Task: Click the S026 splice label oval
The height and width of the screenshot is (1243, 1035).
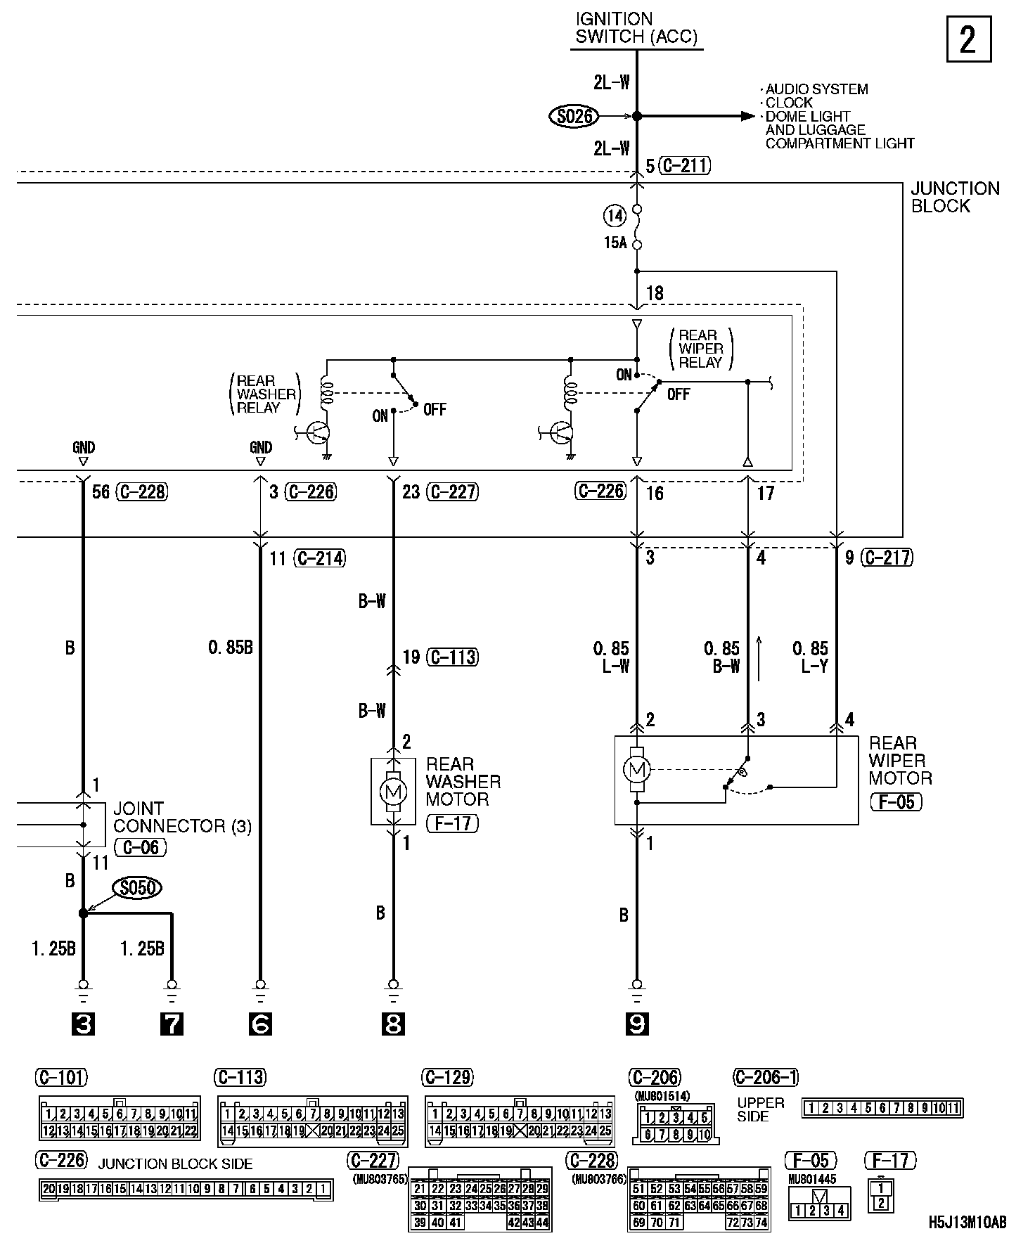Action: pyautogui.click(x=574, y=117)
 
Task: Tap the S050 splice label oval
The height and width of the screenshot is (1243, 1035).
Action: pyautogui.click(x=137, y=889)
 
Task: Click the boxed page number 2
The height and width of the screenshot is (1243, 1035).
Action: pyautogui.click(x=967, y=40)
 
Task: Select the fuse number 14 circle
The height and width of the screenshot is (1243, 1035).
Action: pyautogui.click(x=615, y=216)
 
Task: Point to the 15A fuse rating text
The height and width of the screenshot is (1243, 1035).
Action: pyautogui.click(x=615, y=244)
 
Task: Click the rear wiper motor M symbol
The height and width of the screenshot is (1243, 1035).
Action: pyautogui.click(x=637, y=770)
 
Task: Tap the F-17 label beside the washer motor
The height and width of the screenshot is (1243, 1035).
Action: pyautogui.click(x=452, y=823)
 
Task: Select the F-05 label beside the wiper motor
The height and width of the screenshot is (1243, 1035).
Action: pyautogui.click(x=896, y=802)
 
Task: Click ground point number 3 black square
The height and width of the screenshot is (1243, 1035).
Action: pyautogui.click(x=83, y=1024)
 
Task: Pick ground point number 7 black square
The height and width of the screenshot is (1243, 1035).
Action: pyautogui.click(x=172, y=1024)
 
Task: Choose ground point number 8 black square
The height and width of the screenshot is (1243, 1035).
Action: pyautogui.click(x=393, y=1024)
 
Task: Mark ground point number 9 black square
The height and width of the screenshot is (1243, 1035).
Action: pyautogui.click(x=637, y=1024)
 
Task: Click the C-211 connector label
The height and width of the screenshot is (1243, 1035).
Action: pyautogui.click(x=685, y=167)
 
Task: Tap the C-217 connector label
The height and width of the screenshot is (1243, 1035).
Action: pyautogui.click(x=887, y=558)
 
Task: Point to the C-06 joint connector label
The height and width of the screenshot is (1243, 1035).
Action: pyautogui.click(x=141, y=848)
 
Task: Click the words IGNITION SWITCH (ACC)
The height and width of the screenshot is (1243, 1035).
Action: pyautogui.click(x=636, y=28)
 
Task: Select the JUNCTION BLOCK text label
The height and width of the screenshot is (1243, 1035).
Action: pyautogui.click(x=955, y=197)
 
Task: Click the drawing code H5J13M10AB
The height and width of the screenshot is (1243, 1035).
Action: pyautogui.click(x=967, y=1223)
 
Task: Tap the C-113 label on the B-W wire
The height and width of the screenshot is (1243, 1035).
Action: pyautogui.click(x=454, y=657)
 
